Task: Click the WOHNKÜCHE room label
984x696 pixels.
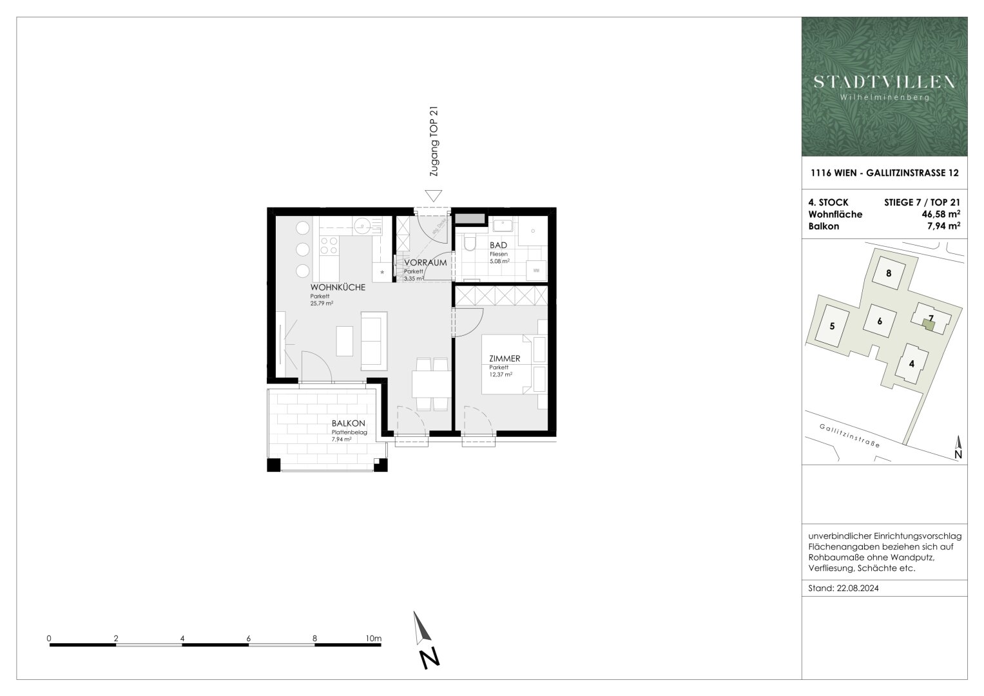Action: click(x=338, y=287)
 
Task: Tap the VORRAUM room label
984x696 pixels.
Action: click(x=425, y=263)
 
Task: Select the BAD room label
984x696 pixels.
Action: click(x=498, y=246)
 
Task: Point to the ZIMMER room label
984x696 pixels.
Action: click(x=505, y=359)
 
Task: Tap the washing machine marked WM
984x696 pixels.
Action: click(x=535, y=271)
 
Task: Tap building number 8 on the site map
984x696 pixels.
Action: click(x=889, y=273)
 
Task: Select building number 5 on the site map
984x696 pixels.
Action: click(x=832, y=327)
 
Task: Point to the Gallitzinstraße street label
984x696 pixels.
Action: click(x=849, y=436)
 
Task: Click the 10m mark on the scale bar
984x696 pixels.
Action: click(x=373, y=639)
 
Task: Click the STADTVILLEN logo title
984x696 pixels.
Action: click(x=884, y=82)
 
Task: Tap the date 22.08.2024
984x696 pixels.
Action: click(x=859, y=588)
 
